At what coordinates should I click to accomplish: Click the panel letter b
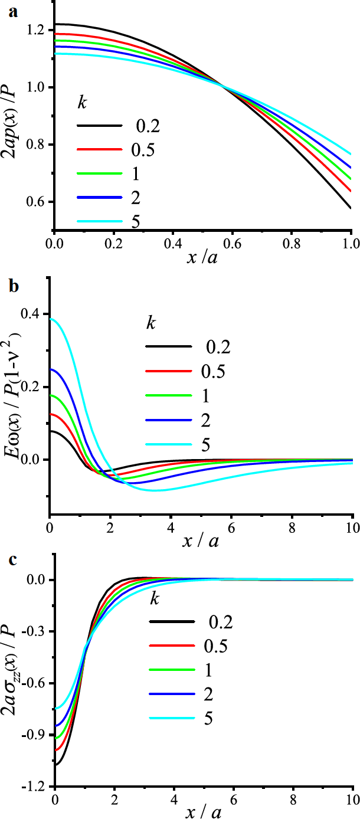[x=13, y=287]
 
